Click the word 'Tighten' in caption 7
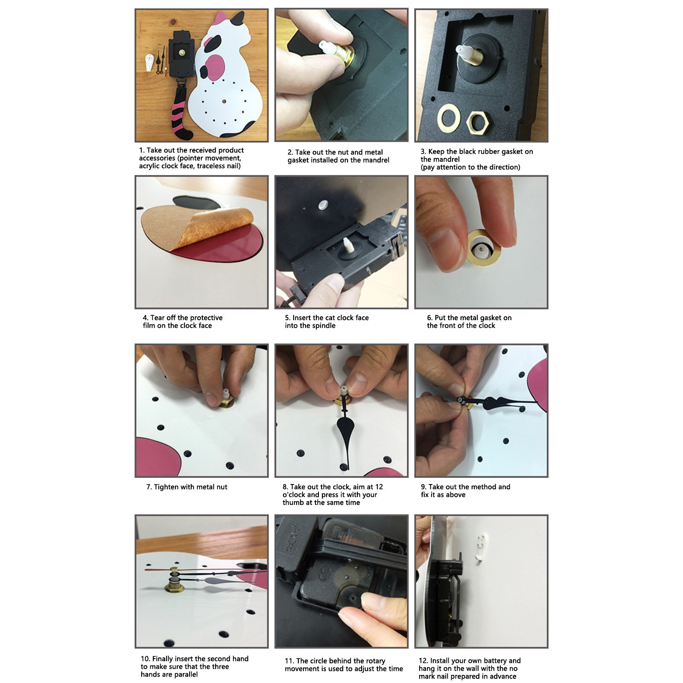point(166,487)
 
